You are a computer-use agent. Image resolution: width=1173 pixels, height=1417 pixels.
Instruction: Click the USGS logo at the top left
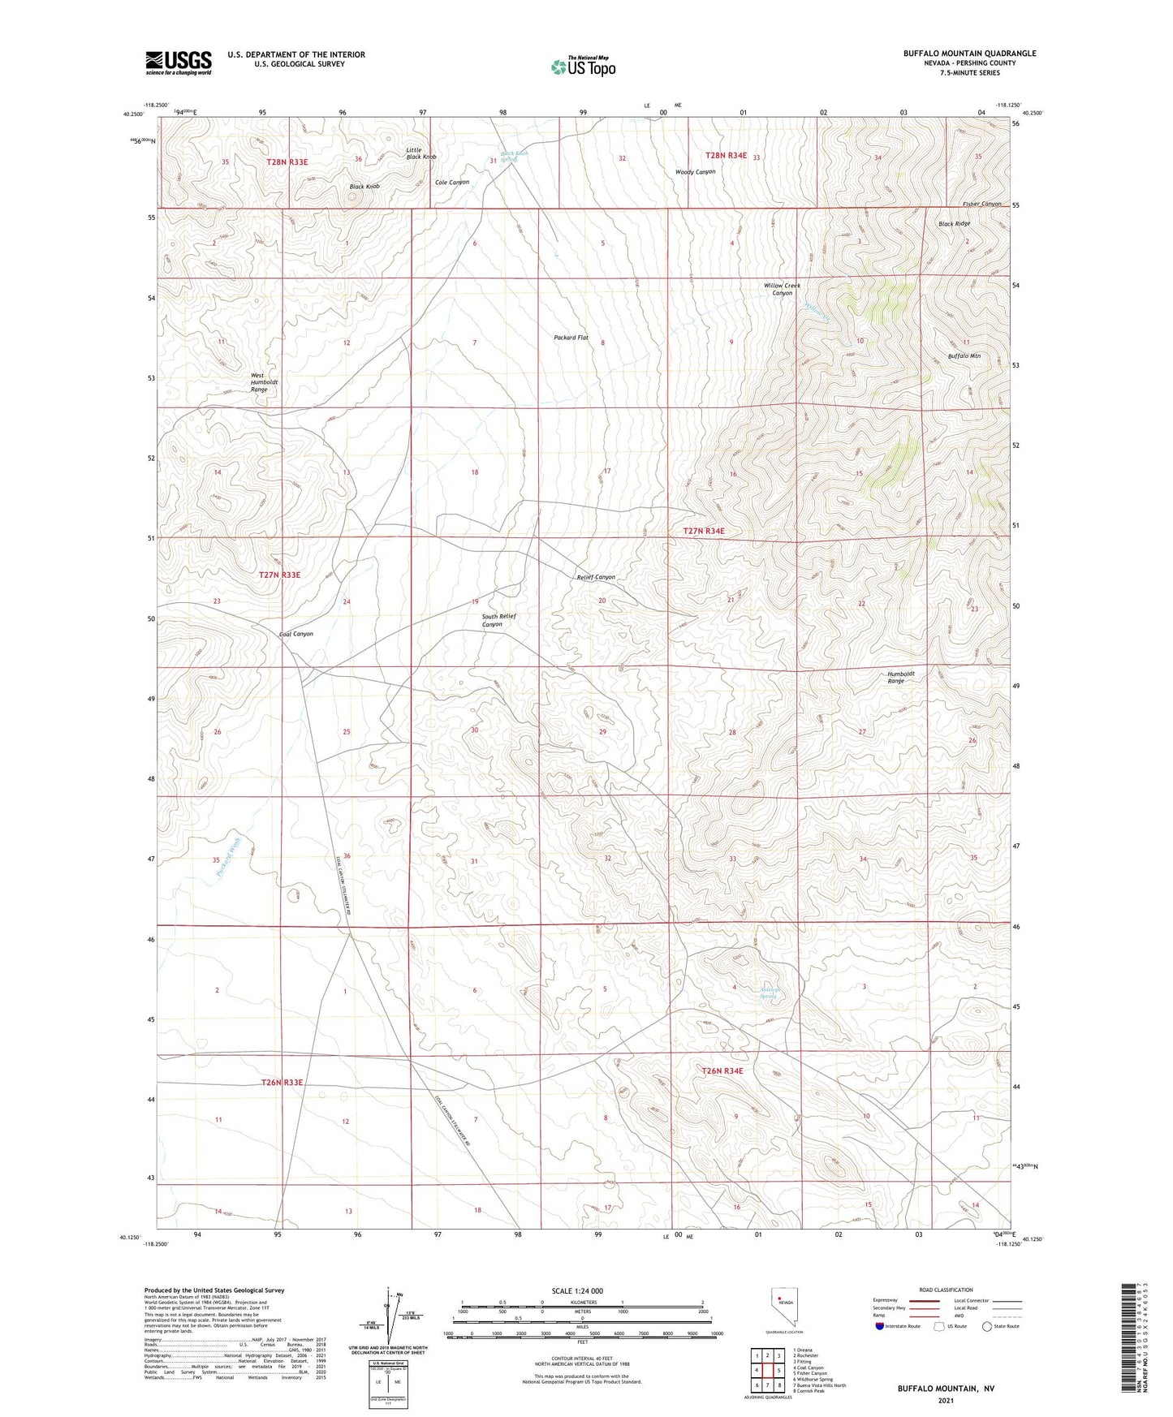[x=178, y=62]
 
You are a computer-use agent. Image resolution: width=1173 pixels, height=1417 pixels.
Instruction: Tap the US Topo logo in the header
[x=583, y=67]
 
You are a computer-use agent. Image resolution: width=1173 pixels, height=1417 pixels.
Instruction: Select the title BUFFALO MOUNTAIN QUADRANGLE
[x=969, y=54]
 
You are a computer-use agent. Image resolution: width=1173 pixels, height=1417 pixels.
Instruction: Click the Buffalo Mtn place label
[x=964, y=356]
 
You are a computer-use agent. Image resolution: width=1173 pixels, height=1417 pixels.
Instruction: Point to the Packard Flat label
[x=571, y=338]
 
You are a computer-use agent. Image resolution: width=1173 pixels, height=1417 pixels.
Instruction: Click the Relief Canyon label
[x=595, y=577]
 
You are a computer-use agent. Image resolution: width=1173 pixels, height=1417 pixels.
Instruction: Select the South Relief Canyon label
[x=498, y=620]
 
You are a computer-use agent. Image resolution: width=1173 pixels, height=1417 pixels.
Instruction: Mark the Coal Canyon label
[x=295, y=634]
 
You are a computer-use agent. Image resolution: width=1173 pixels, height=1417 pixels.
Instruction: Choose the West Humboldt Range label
[x=258, y=383]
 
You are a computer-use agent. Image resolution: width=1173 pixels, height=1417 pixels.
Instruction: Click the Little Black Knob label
[x=420, y=153]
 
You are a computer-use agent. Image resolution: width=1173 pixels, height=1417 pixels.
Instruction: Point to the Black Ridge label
[x=954, y=224]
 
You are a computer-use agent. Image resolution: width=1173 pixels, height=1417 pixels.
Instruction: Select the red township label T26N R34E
[x=722, y=1070]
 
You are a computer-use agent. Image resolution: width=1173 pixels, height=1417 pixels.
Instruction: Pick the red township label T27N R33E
[x=279, y=575]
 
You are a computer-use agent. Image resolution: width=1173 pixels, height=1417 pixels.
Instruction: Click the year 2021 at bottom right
[x=945, y=1400]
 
